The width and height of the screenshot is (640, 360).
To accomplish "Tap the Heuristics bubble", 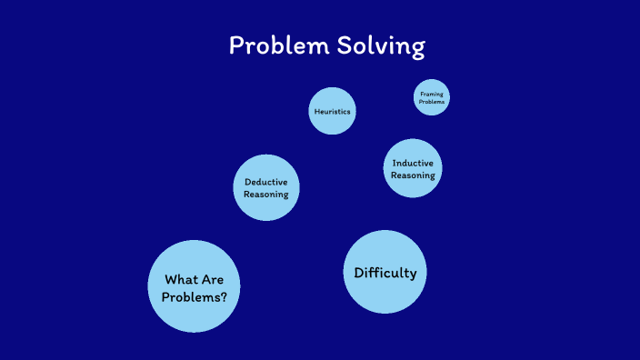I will click(x=332, y=111).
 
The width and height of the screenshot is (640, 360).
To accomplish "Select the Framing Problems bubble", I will click(x=432, y=97).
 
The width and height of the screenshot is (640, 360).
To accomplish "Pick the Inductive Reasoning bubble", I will click(x=413, y=168).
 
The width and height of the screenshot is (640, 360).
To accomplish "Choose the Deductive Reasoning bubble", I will click(x=266, y=187).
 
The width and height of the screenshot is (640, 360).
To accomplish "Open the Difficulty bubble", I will click(x=385, y=272).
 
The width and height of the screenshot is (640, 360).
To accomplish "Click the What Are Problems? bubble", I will click(x=194, y=286).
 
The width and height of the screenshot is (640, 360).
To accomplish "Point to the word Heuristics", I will click(x=332, y=111).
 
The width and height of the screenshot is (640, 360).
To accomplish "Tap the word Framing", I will click(x=432, y=94).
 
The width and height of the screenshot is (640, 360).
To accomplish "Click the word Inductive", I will click(x=413, y=163).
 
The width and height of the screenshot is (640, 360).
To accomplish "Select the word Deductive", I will click(x=266, y=182).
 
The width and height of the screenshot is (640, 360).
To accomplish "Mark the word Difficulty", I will click(x=385, y=273).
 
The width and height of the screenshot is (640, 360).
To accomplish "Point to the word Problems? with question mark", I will click(x=195, y=296).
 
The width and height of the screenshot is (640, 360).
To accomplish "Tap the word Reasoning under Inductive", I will click(x=413, y=175).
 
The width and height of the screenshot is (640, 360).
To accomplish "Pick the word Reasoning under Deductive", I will click(x=266, y=194).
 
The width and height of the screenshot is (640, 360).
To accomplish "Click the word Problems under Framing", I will click(x=432, y=102).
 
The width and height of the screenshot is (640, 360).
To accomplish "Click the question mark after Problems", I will click(x=224, y=296).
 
